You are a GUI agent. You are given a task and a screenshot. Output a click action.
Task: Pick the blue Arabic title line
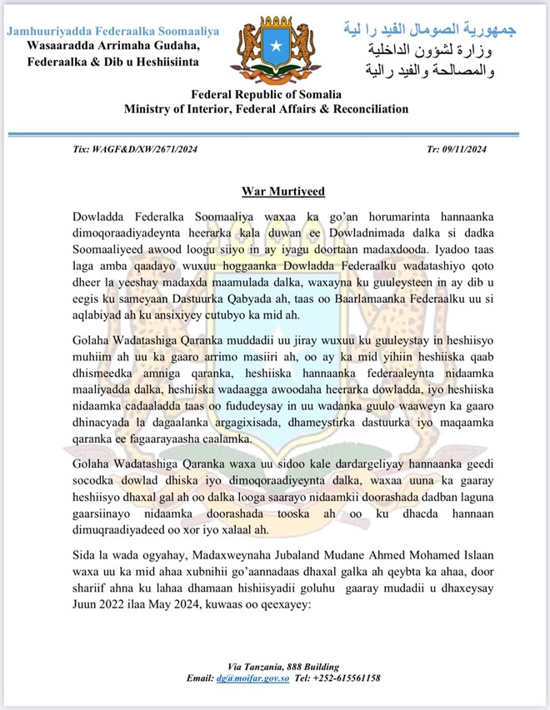pyautogui.click(x=430, y=31)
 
